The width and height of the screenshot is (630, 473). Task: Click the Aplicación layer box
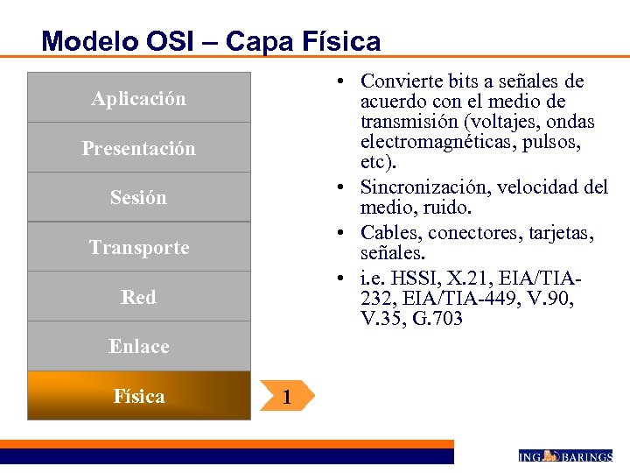[x=138, y=97]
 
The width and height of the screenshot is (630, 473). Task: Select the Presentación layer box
[x=138, y=147]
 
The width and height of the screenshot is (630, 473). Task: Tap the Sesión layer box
[x=138, y=197]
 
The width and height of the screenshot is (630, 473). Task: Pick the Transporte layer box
[x=138, y=247]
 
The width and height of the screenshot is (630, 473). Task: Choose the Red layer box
[x=138, y=297]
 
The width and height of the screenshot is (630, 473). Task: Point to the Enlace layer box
[x=138, y=346]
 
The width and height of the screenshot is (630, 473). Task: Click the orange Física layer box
[x=138, y=396]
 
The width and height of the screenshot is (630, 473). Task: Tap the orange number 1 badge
[x=286, y=398]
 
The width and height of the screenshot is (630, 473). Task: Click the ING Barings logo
[x=564, y=455]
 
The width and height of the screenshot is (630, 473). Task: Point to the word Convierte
[x=396, y=81]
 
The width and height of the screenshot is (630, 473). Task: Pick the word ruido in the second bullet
[x=450, y=208]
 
